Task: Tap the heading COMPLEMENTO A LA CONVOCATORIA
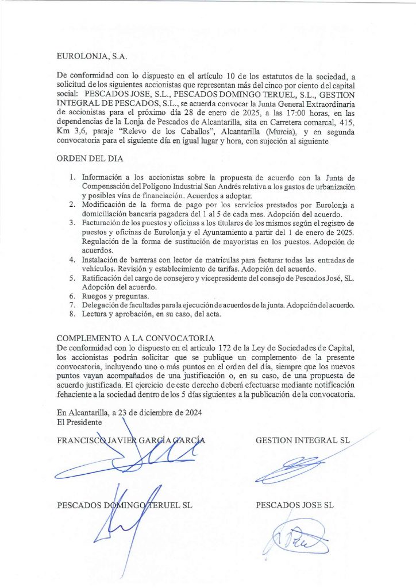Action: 136,338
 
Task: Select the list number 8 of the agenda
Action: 72,314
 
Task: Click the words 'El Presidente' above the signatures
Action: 80,421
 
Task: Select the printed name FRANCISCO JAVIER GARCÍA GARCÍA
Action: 131,440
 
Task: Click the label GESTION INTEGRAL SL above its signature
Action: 303,440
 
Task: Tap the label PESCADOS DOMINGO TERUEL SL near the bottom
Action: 125,505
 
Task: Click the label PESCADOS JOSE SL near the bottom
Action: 294,505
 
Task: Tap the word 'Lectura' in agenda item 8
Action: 96,314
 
